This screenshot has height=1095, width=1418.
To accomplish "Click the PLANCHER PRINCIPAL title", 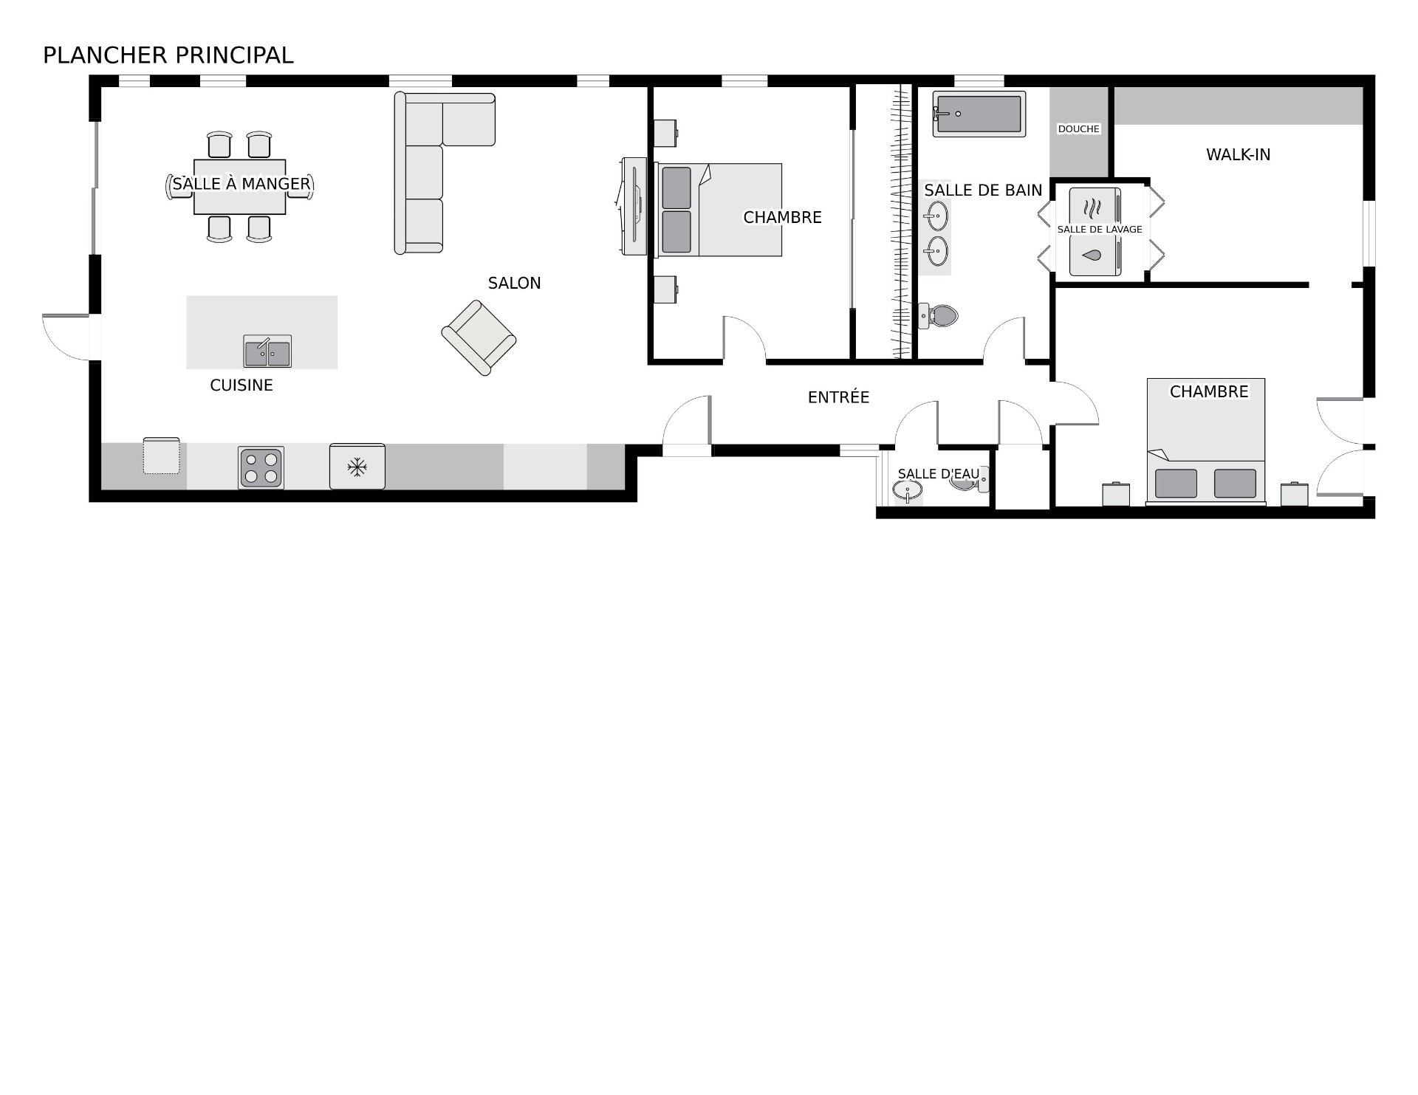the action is coord(168,55).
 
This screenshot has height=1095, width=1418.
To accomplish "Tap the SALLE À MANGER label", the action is coord(242,184).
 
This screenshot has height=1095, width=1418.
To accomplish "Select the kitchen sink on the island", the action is coord(267,351).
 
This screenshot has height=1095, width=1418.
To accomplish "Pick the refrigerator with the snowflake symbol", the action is coord(357,466).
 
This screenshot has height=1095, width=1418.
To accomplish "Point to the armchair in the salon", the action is coord(479,337).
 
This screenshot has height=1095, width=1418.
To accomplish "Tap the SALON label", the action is coord(515,284).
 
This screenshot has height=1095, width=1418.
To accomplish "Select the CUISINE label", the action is coord(242,385).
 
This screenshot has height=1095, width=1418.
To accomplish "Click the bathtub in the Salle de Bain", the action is coord(979,114).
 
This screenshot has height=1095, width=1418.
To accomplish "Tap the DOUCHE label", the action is coord(1079,129).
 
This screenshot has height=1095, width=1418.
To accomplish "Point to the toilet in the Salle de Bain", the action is coord(938,316).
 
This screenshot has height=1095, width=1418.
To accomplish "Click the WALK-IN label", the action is coord(1239,155).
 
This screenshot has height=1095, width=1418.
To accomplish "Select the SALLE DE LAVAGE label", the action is coord(1100,230).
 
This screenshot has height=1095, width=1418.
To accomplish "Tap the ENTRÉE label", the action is coord(839,397).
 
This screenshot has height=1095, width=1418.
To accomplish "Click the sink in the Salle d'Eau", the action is coord(908,490).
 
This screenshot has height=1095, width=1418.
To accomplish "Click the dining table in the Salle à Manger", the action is coord(240,186).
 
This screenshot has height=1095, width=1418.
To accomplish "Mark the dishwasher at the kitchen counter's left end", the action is coord(161,456).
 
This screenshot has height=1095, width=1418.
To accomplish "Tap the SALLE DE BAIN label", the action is coord(983,190).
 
